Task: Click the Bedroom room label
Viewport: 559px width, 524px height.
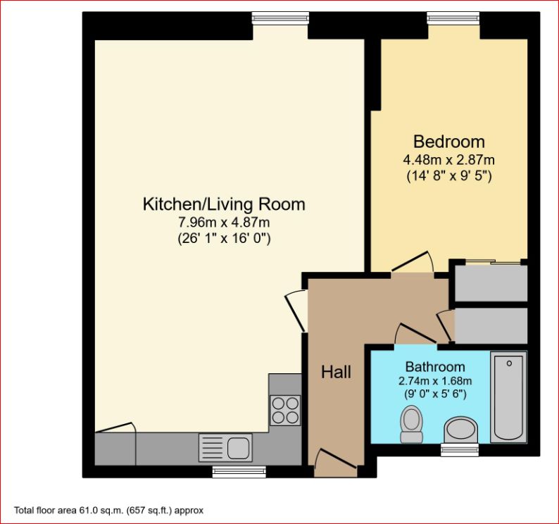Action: (x=448, y=140)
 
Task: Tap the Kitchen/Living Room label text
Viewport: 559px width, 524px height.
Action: (x=224, y=204)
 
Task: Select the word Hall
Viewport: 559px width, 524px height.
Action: (x=336, y=372)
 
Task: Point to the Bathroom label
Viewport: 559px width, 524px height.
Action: (x=434, y=366)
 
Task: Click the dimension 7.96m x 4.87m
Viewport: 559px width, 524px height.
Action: (x=224, y=223)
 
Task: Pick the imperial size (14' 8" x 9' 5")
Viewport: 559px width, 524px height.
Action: (x=448, y=175)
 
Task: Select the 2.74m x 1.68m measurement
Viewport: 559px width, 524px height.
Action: (x=434, y=380)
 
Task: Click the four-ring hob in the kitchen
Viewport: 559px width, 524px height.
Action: (x=284, y=410)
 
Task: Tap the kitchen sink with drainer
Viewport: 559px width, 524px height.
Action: (x=225, y=447)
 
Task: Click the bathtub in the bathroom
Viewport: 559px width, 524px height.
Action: (x=508, y=396)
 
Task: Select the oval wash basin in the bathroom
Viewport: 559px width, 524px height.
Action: (x=461, y=429)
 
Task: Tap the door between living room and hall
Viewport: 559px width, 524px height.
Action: (x=296, y=311)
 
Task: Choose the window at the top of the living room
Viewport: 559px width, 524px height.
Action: (x=280, y=17)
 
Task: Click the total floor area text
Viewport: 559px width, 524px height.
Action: (x=109, y=510)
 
